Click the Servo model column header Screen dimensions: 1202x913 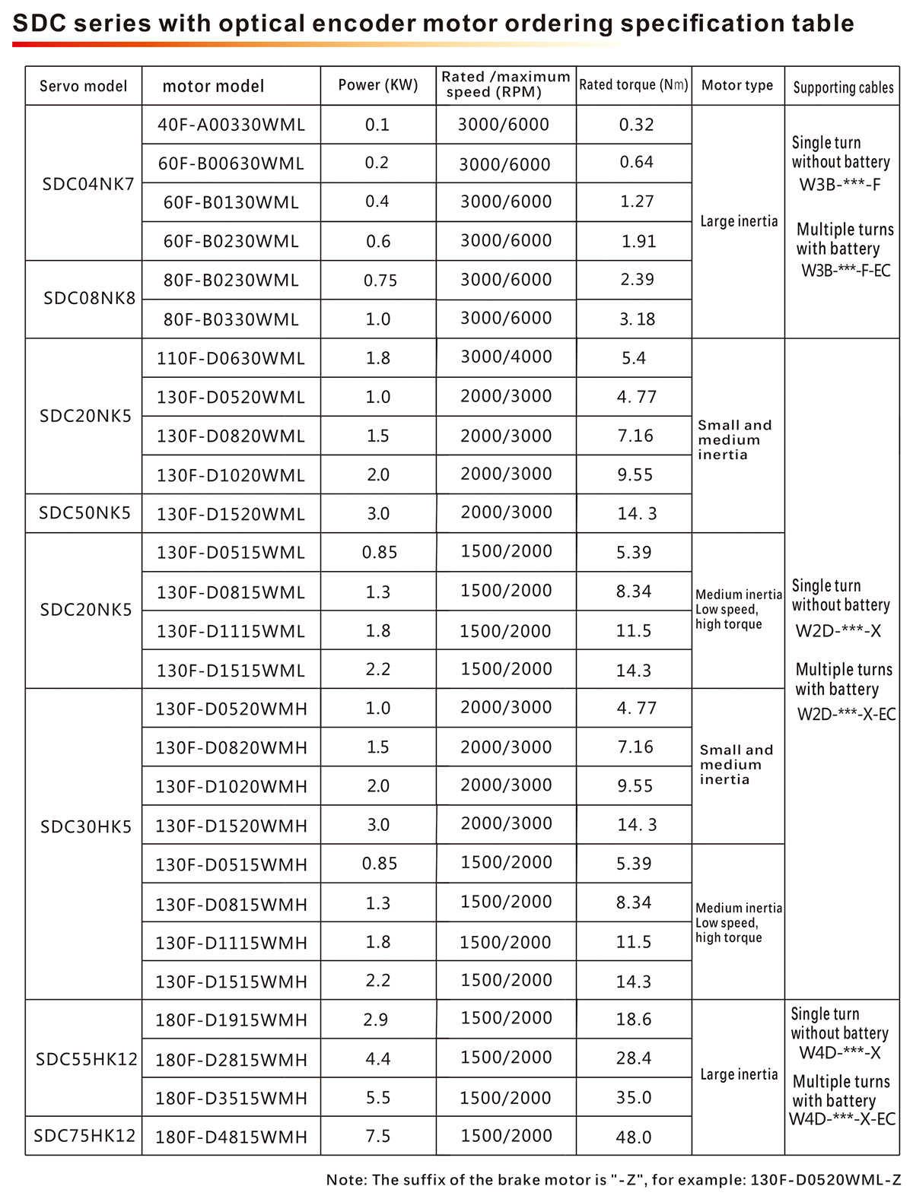click(84, 86)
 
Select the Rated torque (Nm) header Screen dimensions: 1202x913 click(634, 85)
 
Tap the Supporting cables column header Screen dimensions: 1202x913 click(843, 87)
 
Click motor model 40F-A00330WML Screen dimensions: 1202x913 click(231, 125)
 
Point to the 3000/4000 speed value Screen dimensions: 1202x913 click(506, 357)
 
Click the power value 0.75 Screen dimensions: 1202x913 click(380, 280)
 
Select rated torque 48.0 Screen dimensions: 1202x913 click(634, 1137)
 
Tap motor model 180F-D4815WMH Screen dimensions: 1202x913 click(231, 1137)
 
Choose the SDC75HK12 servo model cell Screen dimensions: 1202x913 click(84, 1135)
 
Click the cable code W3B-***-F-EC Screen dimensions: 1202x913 click(845, 270)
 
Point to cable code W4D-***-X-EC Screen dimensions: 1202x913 click(841, 1119)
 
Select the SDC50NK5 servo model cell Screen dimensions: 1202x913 click(84, 512)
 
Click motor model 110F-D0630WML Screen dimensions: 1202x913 click(231, 358)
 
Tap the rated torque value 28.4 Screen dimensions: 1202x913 click(634, 1058)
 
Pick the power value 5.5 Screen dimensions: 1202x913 click(378, 1097)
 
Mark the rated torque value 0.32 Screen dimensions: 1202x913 click(637, 125)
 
